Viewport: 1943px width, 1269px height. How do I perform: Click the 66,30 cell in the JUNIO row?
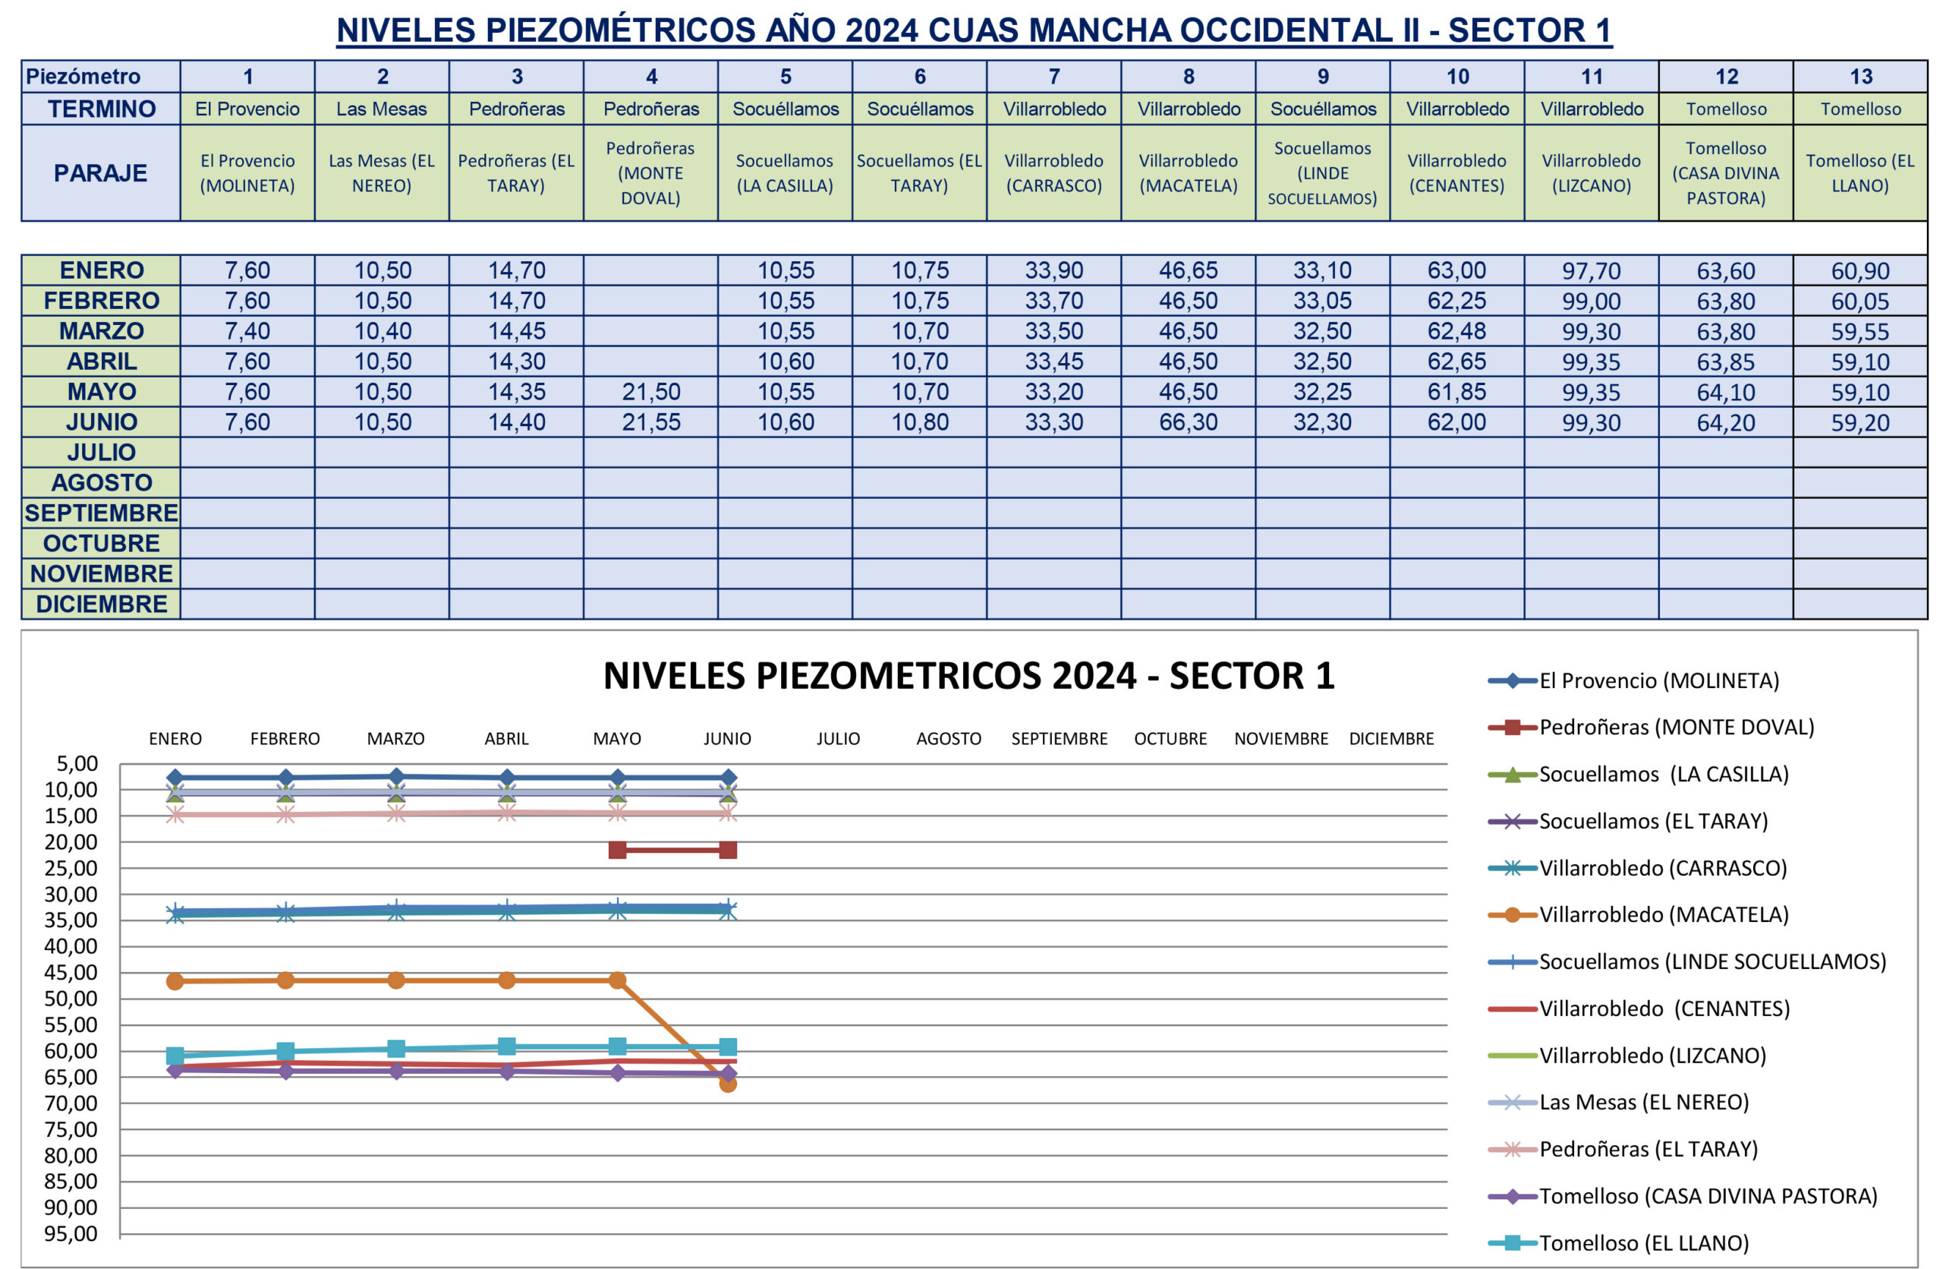[x=1188, y=422]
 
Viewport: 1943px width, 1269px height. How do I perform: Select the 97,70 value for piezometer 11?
[x=1590, y=270]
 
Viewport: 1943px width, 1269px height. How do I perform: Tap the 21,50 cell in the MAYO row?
[x=650, y=392]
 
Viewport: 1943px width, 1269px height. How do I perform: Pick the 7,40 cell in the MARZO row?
[x=247, y=330]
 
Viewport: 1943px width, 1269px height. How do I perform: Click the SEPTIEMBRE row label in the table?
[x=101, y=513]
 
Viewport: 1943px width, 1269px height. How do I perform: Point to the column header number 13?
[x=1860, y=77]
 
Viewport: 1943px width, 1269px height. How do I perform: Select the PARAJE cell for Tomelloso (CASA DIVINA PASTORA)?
[x=1725, y=173]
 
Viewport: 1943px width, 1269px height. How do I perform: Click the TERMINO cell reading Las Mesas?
[x=381, y=109]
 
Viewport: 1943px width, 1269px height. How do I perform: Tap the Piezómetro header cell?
[x=83, y=77]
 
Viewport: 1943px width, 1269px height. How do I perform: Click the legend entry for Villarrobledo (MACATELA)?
[x=1663, y=914]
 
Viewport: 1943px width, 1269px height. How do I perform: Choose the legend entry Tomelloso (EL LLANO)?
[x=1643, y=1243]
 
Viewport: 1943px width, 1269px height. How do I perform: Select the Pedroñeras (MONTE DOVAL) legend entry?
[x=1675, y=727]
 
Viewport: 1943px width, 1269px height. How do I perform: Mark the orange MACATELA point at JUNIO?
[x=727, y=1084]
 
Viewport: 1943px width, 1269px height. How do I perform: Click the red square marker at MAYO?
[x=617, y=850]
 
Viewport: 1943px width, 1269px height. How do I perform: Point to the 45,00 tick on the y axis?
[x=71, y=973]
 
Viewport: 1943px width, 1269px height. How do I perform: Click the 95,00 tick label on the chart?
[x=71, y=1233]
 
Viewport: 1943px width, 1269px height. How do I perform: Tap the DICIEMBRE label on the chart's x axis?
[x=1391, y=739]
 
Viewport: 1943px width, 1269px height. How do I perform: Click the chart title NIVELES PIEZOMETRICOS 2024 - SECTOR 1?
[x=968, y=676]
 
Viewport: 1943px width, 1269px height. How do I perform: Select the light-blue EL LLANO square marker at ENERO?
[x=175, y=1056]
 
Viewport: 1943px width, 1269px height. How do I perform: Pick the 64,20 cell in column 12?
[x=1725, y=423]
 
